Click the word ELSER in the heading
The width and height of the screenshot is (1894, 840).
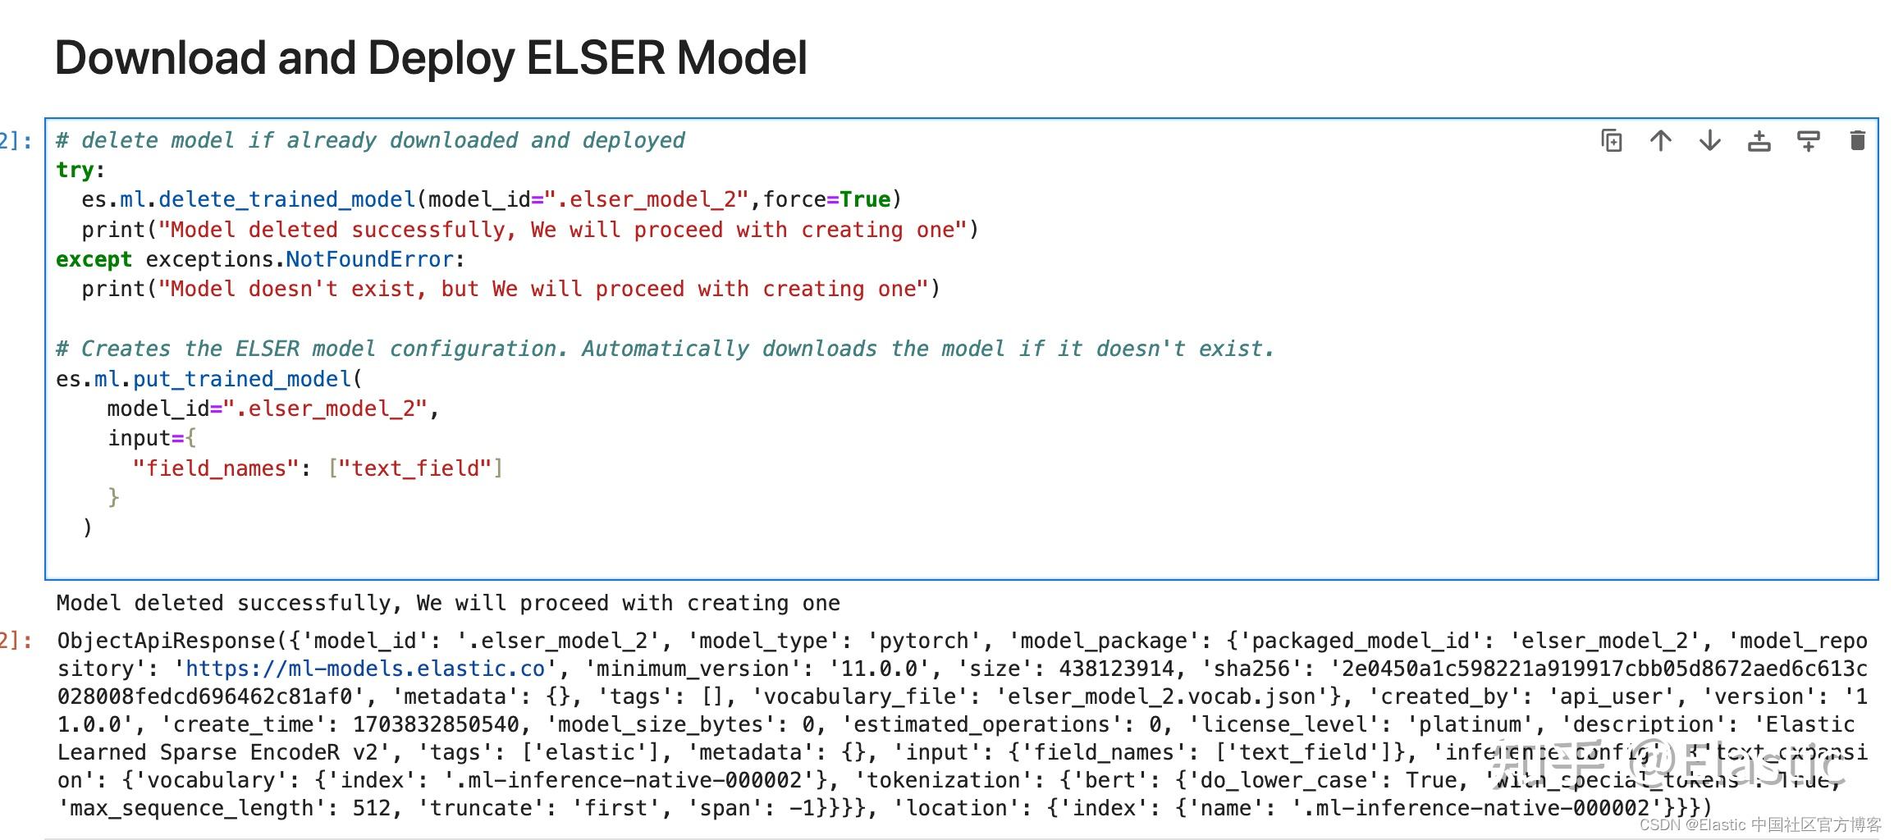point(595,58)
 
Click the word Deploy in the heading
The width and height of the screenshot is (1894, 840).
point(441,58)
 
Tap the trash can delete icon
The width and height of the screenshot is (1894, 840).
point(1858,141)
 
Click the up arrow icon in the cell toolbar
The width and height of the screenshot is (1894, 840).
point(1661,141)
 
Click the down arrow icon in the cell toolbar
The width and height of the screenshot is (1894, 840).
point(1710,141)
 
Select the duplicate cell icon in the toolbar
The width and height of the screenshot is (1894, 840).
point(1612,141)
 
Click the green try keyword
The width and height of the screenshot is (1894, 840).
point(75,170)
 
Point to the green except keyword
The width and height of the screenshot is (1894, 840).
point(94,259)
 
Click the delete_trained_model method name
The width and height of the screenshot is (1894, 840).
point(287,199)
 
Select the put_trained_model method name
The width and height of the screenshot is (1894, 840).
point(242,379)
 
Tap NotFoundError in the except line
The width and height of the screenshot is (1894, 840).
point(369,259)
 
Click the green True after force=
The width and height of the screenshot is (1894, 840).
point(865,199)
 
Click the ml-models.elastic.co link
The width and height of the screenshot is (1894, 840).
point(364,669)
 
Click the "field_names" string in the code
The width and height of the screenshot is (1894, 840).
point(216,468)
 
